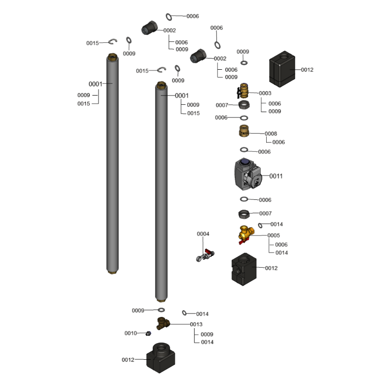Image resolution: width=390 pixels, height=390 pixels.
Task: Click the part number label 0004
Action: point(203,234)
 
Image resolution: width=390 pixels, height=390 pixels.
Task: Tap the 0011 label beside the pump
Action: point(276,176)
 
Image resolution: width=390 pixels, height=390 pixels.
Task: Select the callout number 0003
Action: point(265,93)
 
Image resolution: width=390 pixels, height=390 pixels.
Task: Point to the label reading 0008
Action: point(271,134)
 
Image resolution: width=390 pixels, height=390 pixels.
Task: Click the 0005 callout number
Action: point(273,235)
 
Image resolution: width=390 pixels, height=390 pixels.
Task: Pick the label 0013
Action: point(196,324)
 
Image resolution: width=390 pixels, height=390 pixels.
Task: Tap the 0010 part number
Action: point(131,333)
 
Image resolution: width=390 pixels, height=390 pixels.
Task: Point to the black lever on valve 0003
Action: point(239,92)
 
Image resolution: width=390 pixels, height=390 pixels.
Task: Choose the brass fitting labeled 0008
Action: point(244,132)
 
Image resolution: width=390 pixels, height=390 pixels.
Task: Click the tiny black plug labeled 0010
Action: point(148,333)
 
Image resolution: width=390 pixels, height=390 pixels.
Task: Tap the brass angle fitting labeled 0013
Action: point(162,323)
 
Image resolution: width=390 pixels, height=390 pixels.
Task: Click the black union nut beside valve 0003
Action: point(245,105)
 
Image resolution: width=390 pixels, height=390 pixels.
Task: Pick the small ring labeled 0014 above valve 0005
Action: point(261,225)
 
